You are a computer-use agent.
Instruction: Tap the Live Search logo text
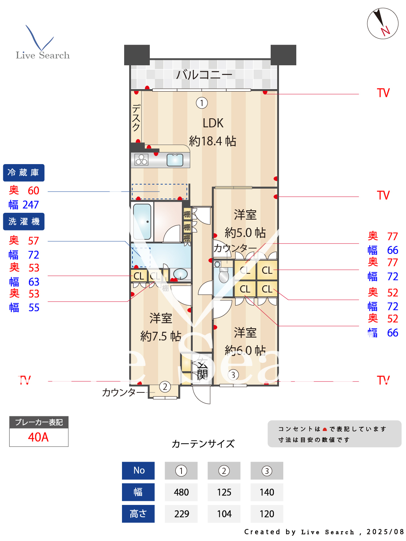(x=43, y=55)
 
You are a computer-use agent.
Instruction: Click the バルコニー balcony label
(x=204, y=75)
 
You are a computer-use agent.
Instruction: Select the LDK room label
(x=213, y=123)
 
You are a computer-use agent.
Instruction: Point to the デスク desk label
(x=136, y=117)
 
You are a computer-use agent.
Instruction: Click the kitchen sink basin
(x=175, y=160)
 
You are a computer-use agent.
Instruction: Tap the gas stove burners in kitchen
(x=141, y=160)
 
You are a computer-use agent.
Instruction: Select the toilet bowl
(x=224, y=276)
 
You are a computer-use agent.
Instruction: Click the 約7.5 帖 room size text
(x=161, y=336)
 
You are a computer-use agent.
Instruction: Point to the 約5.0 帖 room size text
(x=245, y=233)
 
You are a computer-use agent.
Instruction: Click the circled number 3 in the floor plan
(x=233, y=375)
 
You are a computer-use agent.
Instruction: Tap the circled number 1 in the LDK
(x=202, y=103)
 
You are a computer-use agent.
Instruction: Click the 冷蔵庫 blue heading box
(x=24, y=173)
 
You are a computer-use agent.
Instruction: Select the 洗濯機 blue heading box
(x=24, y=221)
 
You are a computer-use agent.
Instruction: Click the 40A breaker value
(x=39, y=437)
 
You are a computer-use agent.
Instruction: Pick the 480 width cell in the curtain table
(x=181, y=492)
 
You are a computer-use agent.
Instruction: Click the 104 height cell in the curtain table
(x=224, y=514)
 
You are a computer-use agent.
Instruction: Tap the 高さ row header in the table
(x=138, y=514)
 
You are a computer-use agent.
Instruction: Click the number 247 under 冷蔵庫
(x=31, y=205)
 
